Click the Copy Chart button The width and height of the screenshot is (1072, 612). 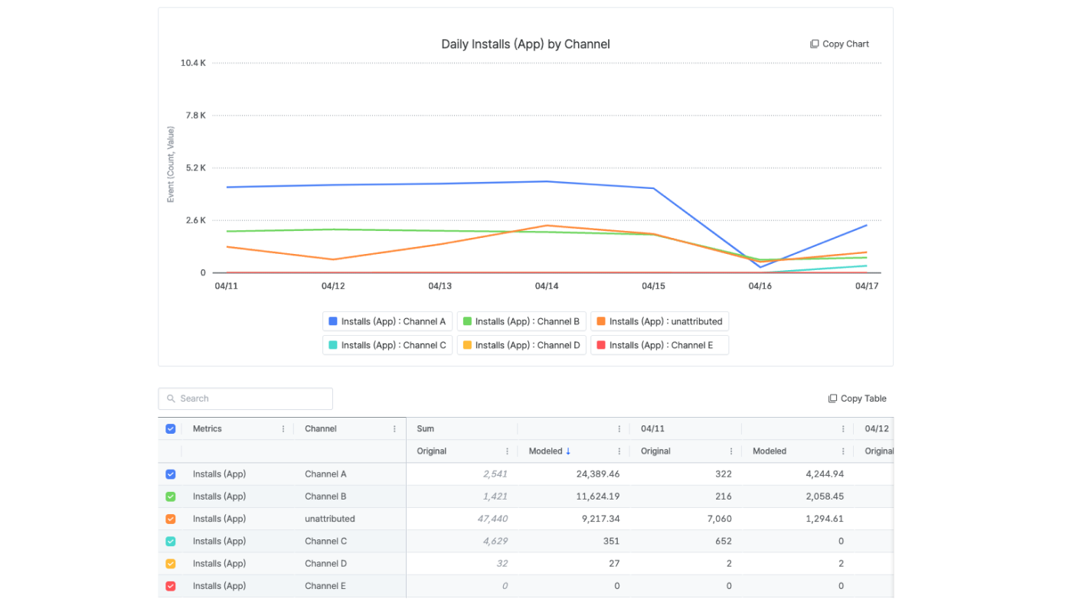click(839, 44)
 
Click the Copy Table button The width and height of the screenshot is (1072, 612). click(857, 399)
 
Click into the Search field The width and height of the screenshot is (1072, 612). click(246, 399)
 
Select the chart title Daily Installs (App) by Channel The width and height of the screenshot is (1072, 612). click(525, 44)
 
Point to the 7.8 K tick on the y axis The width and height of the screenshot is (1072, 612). click(196, 116)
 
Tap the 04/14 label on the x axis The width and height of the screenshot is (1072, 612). click(547, 286)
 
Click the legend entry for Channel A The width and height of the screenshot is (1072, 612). click(387, 321)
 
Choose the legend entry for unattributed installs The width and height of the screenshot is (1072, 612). click(659, 321)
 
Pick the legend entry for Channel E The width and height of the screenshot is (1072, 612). click(659, 345)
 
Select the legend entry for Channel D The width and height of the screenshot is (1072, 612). click(521, 345)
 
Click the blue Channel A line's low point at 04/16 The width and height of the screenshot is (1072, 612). click(760, 267)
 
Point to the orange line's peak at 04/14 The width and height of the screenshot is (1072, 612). click(547, 226)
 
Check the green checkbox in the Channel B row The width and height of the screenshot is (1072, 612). click(170, 496)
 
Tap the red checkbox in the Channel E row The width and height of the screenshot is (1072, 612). click(170, 586)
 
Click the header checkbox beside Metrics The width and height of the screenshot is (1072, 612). click(170, 429)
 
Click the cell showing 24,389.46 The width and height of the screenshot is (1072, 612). click(598, 474)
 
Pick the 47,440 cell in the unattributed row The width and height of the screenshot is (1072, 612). click(492, 519)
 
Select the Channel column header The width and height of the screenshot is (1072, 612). click(321, 429)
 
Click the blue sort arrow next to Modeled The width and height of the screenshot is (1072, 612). click(568, 451)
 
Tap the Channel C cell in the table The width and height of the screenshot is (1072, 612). click(326, 542)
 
